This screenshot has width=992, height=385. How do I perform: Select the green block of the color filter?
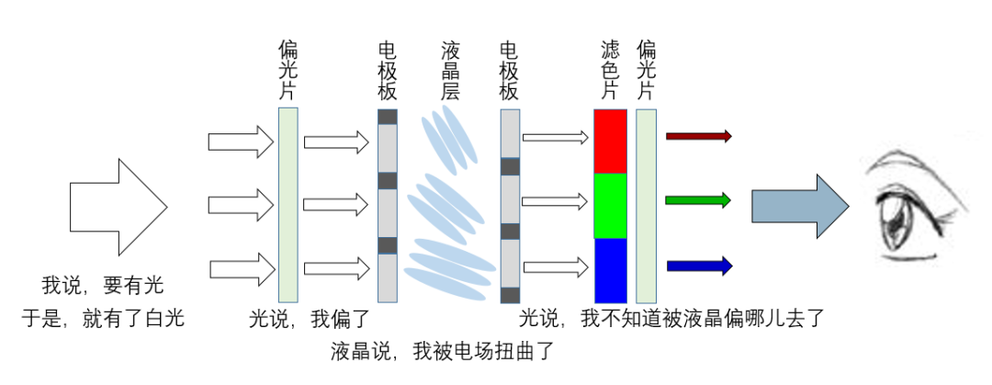610,205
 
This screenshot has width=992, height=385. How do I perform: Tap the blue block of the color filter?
610,269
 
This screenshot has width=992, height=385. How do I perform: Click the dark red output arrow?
698,136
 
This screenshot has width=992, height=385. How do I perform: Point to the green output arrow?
698,199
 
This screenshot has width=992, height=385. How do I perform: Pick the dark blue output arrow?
698,266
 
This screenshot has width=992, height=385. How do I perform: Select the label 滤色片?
610,70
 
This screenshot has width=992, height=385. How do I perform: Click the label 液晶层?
450,70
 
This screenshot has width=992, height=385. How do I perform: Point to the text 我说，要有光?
103,285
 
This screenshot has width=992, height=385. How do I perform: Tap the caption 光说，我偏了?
310,319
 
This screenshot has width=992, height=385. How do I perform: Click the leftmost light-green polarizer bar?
287,205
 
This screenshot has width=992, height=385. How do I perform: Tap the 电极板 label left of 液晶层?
388,70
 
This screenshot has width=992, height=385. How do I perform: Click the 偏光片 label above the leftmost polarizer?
287,70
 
